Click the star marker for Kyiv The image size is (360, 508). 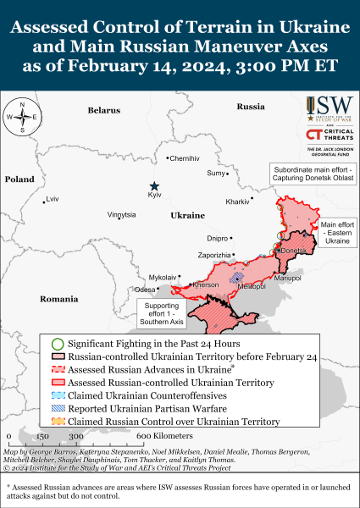click(x=154, y=186)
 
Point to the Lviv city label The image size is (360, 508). click(x=53, y=199)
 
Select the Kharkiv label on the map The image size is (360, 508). click(x=237, y=202)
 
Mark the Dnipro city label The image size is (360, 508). click(x=218, y=239)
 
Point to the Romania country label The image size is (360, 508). click(x=58, y=299)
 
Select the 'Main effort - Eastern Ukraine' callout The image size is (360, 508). click(x=335, y=233)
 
